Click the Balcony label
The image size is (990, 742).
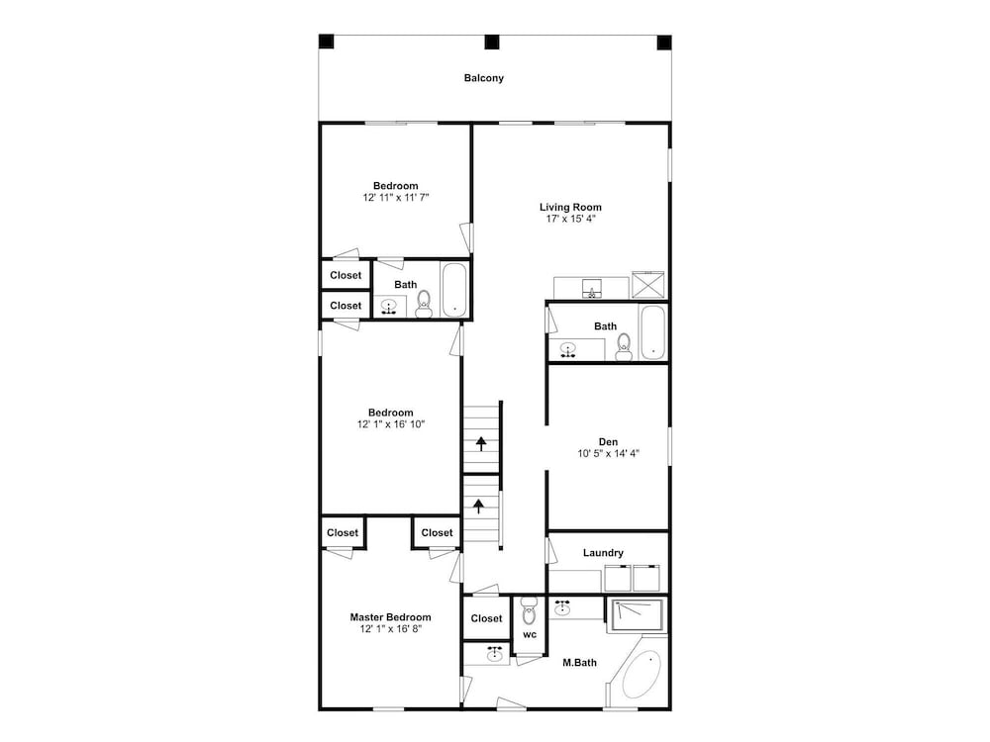[x=484, y=78]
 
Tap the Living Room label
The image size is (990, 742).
[x=570, y=207]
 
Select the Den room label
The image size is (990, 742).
[x=608, y=441]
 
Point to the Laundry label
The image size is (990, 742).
[x=603, y=553]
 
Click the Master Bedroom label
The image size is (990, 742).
[x=391, y=617]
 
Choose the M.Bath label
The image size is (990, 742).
[x=579, y=663]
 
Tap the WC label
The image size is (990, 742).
[x=529, y=635]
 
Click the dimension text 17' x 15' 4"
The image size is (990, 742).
[x=571, y=219]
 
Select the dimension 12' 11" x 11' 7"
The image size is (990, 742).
[x=396, y=198]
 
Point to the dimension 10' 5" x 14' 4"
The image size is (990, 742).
[x=608, y=453]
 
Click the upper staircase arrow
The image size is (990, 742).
[x=481, y=443]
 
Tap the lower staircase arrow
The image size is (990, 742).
[x=479, y=506]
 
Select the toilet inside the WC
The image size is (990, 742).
[x=529, y=610]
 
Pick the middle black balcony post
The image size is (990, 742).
[x=492, y=43]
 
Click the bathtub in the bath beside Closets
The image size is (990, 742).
[x=454, y=290]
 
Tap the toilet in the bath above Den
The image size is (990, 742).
[x=624, y=346]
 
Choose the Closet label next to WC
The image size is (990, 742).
[x=486, y=618]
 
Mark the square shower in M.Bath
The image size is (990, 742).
[x=637, y=615]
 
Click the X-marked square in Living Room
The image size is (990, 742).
[x=648, y=285]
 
